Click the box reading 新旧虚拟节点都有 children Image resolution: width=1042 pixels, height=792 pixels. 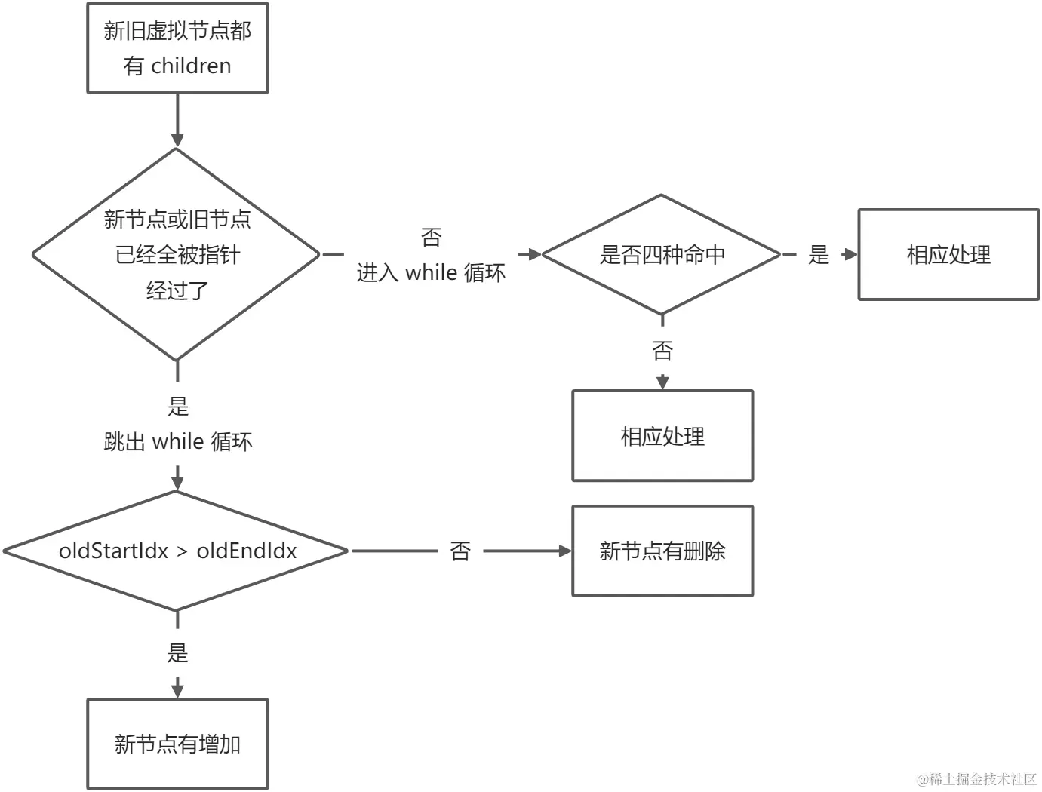tap(177, 48)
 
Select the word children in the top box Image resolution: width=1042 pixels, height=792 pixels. tap(191, 66)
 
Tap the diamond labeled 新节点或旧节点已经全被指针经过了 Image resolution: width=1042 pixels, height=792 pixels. tap(177, 254)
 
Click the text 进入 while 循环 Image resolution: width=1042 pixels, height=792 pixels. tap(431, 272)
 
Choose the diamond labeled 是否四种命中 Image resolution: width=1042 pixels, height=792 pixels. tap(662, 255)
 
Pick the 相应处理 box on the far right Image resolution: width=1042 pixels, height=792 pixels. tap(948, 255)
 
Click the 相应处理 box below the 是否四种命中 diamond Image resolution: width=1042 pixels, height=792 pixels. tap(662, 436)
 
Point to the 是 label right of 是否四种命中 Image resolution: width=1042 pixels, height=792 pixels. tap(819, 255)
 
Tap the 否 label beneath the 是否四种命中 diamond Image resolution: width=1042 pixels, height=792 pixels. tap(662, 350)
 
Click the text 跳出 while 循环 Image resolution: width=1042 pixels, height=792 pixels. tap(178, 441)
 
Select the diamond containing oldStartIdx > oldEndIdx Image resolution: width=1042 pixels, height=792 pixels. tap(177, 551)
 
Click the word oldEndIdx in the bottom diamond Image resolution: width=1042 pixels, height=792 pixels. tap(247, 551)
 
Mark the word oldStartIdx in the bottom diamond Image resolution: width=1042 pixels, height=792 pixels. tap(113, 551)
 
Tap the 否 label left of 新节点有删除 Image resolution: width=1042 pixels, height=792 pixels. tap(460, 551)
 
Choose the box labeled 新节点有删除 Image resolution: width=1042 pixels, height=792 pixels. tap(662, 551)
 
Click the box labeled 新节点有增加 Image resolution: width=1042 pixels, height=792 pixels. tap(177, 744)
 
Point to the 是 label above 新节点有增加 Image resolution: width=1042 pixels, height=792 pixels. tap(177, 652)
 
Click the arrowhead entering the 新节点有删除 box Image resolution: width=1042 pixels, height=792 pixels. tap(565, 551)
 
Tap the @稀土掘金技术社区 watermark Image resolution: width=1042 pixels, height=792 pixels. tap(977, 779)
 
